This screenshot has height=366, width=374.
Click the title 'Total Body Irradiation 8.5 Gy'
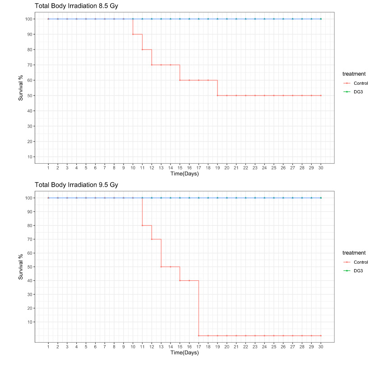(x=77, y=6)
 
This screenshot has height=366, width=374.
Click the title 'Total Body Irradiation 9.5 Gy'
(x=77, y=185)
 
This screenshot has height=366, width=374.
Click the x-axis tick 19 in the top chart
(x=217, y=168)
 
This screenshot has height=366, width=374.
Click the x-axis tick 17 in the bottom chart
(x=199, y=347)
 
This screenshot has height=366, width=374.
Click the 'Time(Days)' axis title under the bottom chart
(x=184, y=353)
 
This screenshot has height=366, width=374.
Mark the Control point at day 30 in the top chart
(x=321, y=96)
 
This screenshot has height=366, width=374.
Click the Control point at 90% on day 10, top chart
(x=133, y=34)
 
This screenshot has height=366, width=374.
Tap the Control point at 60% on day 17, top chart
(x=199, y=80)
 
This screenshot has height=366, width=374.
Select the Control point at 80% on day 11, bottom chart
(x=142, y=225)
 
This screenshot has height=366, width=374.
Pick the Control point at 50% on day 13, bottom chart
(x=161, y=267)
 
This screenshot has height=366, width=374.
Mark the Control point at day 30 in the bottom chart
(x=321, y=335)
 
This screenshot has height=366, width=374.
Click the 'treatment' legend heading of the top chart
(x=354, y=73)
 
